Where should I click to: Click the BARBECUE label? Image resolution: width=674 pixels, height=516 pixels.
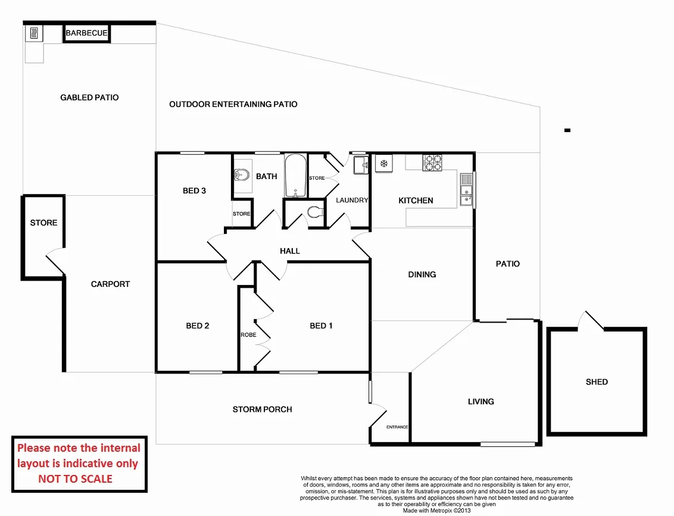click(x=86, y=33)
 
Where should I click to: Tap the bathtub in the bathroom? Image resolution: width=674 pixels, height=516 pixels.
click(x=295, y=176)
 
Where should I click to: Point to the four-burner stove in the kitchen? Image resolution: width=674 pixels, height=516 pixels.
click(x=432, y=163)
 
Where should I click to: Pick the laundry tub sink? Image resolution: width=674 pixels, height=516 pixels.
click(x=360, y=165)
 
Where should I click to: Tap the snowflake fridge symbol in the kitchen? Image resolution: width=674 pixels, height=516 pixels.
click(x=384, y=163)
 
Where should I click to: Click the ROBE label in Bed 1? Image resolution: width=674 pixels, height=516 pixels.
click(x=248, y=335)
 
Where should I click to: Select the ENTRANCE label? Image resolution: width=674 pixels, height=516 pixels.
click(x=397, y=427)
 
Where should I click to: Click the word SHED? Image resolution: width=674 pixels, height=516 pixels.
click(x=596, y=381)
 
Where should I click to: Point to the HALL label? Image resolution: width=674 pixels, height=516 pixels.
click(x=290, y=251)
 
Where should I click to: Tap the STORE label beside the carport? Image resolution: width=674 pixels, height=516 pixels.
click(x=43, y=223)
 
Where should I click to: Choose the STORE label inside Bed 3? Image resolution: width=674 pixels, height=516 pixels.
click(x=241, y=214)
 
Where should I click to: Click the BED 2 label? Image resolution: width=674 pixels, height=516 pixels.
click(x=197, y=326)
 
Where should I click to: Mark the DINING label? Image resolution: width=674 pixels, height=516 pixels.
click(x=422, y=274)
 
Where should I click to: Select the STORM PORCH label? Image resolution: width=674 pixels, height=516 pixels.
click(x=262, y=409)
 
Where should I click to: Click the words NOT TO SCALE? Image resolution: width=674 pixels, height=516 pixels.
click(x=75, y=479)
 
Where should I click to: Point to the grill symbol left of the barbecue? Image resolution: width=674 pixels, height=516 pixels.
click(x=33, y=33)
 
